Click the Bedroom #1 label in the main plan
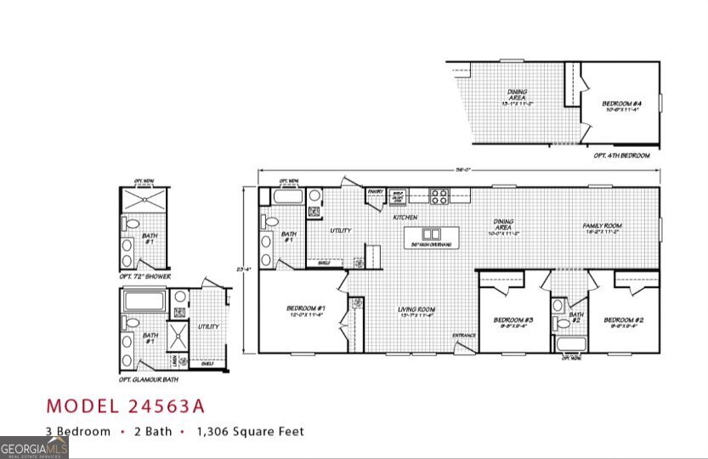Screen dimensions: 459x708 [x=307, y=308]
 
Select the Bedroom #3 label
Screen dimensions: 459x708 [x=512, y=320]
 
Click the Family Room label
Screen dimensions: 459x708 [x=602, y=226]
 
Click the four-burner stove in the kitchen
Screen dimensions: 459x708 [x=439, y=196]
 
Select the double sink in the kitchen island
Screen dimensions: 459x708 [x=432, y=234]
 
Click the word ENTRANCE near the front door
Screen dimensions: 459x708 [x=464, y=335]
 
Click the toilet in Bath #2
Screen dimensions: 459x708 [x=561, y=323]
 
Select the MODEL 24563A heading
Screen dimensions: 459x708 [x=125, y=405]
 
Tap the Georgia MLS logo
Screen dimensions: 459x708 [x=34, y=447]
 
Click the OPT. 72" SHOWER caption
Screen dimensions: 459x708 [x=144, y=277]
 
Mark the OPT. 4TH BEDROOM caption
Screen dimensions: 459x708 [x=621, y=156]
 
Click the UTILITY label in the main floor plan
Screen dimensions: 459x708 [x=341, y=230]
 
